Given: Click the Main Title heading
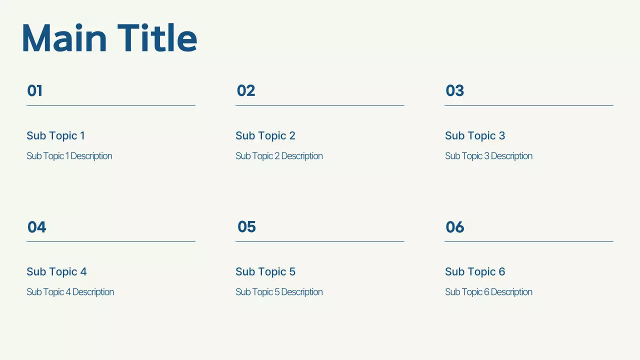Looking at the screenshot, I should (x=109, y=38).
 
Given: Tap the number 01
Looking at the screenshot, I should (x=35, y=90).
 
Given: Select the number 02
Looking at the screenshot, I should (x=246, y=90).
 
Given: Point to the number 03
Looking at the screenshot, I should (x=455, y=90).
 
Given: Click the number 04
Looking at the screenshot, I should (x=37, y=227).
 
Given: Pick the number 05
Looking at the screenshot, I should (x=246, y=226).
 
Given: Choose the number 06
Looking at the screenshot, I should (x=455, y=227).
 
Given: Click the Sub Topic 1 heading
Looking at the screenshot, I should (x=55, y=135).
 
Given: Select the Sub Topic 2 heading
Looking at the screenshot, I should (x=265, y=135).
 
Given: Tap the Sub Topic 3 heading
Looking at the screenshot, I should (x=475, y=135).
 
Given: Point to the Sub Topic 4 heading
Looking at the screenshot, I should (x=56, y=271).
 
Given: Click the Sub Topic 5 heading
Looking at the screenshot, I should (x=265, y=271).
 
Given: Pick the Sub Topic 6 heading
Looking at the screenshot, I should (x=475, y=271).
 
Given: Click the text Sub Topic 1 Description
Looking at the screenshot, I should (x=69, y=156).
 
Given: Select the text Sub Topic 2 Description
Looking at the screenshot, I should (x=279, y=156).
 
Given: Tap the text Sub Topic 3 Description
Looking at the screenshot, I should (x=488, y=156).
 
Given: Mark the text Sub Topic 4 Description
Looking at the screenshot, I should (x=70, y=292).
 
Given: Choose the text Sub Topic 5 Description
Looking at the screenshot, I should (x=279, y=292).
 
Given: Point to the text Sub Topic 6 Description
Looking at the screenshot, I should (x=488, y=292).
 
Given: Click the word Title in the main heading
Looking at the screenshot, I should (x=157, y=38).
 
